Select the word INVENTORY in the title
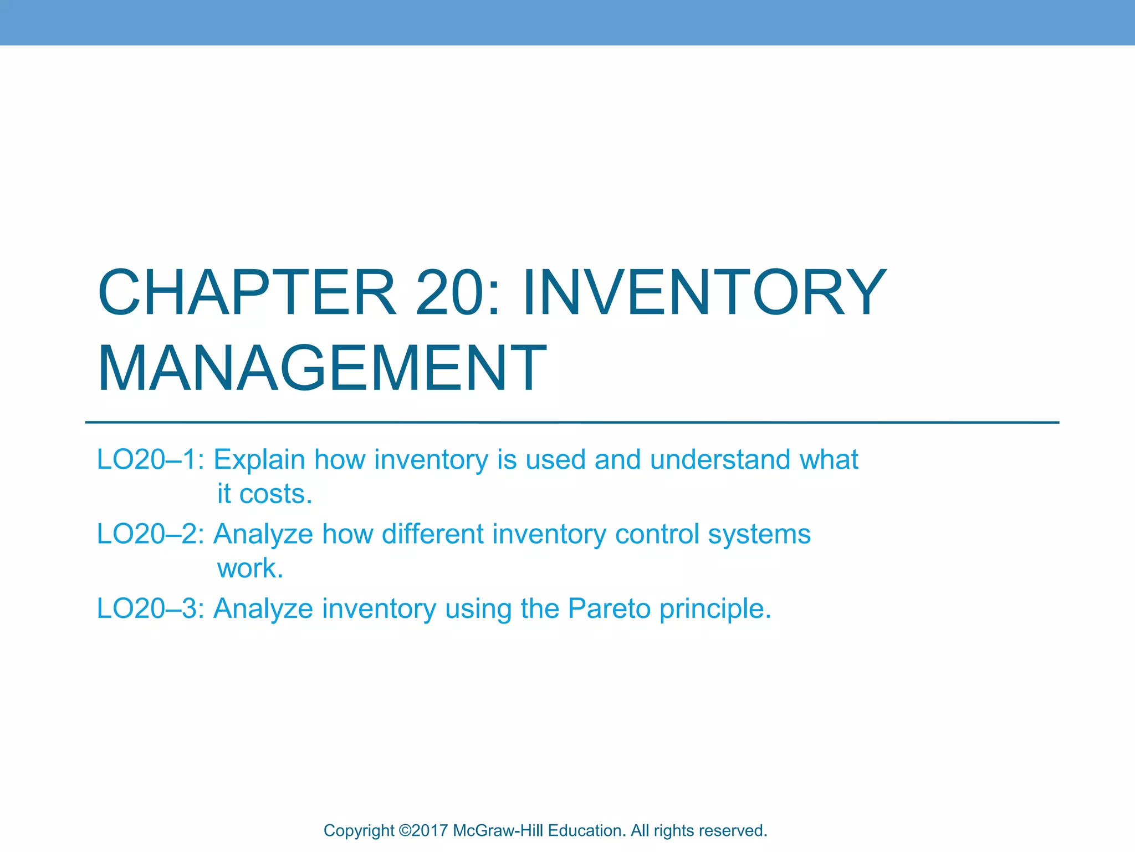[x=704, y=292]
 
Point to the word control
[x=657, y=534]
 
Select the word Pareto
[x=609, y=608]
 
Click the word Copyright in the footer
[x=359, y=831]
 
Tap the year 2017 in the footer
[x=429, y=831]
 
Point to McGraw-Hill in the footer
[x=498, y=831]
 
